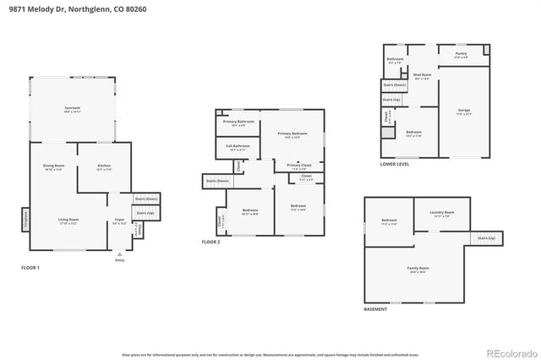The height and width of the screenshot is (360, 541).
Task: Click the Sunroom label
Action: pyautogui.click(x=73, y=109)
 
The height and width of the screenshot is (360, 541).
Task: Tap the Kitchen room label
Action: pyautogui.click(x=104, y=166)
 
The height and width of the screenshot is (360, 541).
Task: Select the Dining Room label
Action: pyautogui.click(x=54, y=166)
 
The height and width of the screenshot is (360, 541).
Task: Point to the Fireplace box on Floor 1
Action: pyautogui.click(x=25, y=219)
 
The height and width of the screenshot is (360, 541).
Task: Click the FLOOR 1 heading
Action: pyautogui.click(x=30, y=268)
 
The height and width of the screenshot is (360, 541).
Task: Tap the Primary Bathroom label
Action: pyautogui.click(x=239, y=123)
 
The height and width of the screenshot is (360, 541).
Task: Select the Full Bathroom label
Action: pyautogui.click(x=238, y=147)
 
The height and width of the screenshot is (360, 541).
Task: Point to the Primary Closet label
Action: pyautogui.click(x=299, y=166)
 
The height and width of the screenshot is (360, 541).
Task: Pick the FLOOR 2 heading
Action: pyautogui.click(x=210, y=242)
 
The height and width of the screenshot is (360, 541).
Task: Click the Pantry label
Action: pyautogui.click(x=461, y=54)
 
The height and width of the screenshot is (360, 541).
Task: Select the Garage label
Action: pyautogui.click(x=463, y=110)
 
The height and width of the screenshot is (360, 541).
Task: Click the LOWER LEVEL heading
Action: pyautogui.click(x=395, y=164)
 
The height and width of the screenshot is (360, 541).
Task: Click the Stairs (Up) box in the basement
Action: pyautogui.click(x=485, y=238)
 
